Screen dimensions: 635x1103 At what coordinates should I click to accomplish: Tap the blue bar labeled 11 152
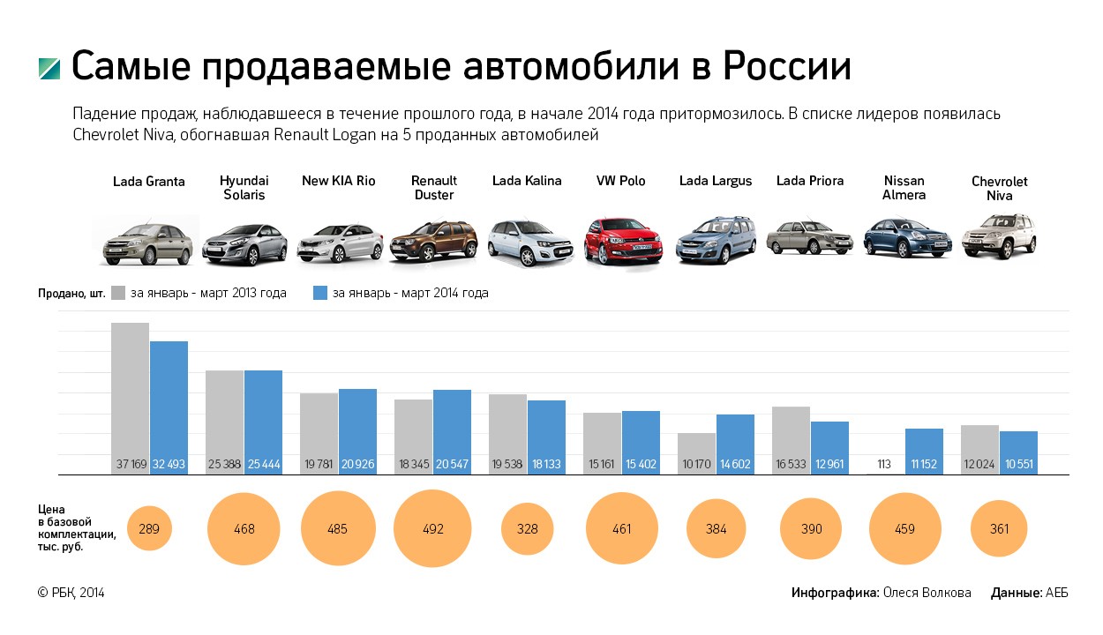[x=924, y=450]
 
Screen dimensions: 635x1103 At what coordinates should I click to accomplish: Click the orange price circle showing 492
[x=432, y=529]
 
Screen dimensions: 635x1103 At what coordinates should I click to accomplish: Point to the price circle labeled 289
[x=149, y=529]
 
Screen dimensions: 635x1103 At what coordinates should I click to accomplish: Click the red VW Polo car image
[x=623, y=240]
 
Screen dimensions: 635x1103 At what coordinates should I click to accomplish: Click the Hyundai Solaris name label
[x=244, y=188]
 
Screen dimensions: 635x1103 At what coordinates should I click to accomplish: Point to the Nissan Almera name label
[x=904, y=188]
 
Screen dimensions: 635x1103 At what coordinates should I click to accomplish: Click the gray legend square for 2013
[x=119, y=293]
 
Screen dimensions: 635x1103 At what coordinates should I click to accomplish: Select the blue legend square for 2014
[x=321, y=293]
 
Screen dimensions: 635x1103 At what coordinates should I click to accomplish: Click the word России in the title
[x=787, y=67]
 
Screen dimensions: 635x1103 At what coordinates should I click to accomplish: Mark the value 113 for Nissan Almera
[x=885, y=464]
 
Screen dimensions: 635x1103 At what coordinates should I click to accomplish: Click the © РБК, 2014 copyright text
[x=71, y=593]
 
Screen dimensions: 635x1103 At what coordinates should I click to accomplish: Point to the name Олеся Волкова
[x=927, y=593]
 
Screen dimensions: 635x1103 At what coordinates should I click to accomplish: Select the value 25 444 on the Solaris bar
[x=263, y=464]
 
